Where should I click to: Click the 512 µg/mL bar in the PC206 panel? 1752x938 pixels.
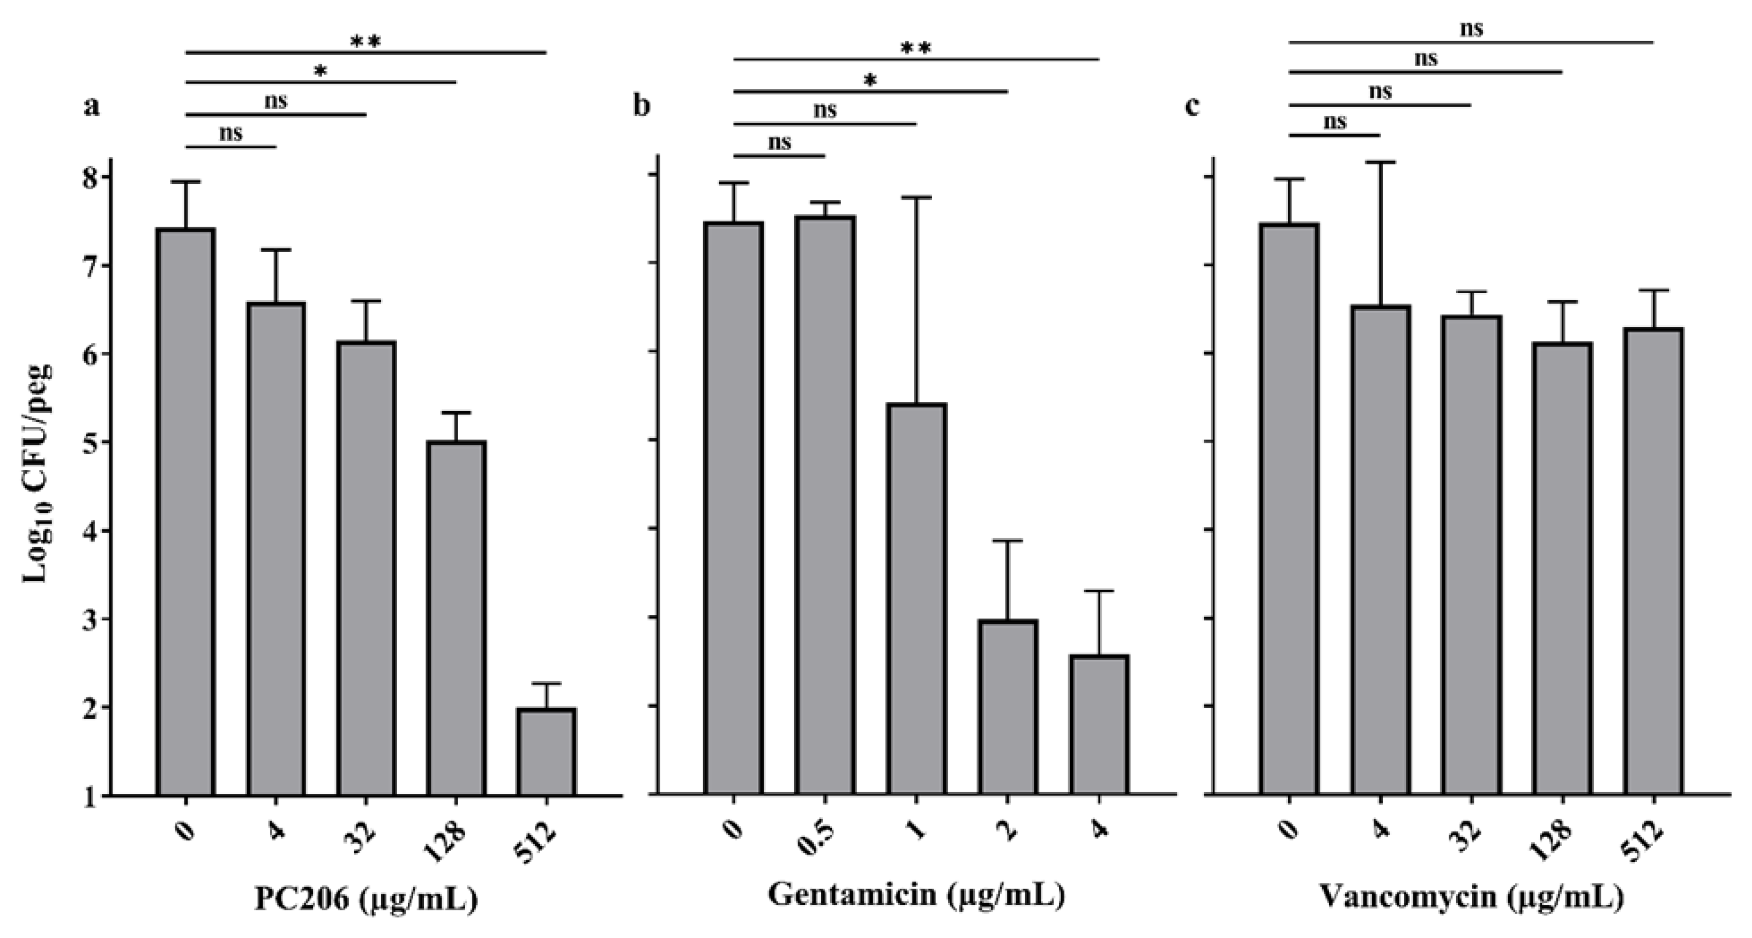546,751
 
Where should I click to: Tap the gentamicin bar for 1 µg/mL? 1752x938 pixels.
916,599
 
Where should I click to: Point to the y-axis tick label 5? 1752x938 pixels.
89,443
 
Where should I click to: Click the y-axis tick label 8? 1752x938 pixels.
89,177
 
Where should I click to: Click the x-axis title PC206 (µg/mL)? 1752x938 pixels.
366,899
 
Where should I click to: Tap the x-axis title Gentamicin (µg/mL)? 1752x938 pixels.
915,895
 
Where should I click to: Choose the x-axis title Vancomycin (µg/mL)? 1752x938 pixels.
1471,897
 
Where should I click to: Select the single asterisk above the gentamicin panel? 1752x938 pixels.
870,81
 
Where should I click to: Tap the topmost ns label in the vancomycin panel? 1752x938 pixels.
1471,28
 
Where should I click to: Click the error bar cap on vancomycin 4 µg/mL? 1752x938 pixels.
1380,162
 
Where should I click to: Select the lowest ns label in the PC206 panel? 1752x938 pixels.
230,132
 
